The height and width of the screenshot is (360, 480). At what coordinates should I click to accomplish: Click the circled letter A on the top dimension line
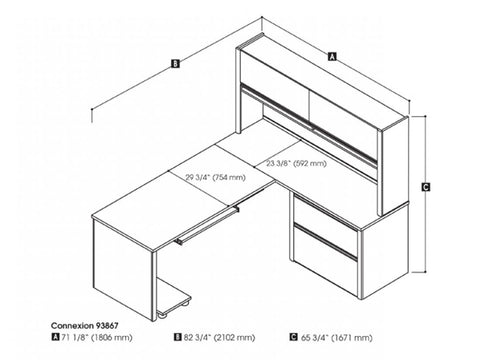(x=332, y=58)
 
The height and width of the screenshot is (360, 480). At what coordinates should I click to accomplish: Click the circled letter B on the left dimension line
(x=176, y=66)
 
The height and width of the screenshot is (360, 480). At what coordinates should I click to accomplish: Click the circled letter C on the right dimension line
(x=426, y=187)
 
